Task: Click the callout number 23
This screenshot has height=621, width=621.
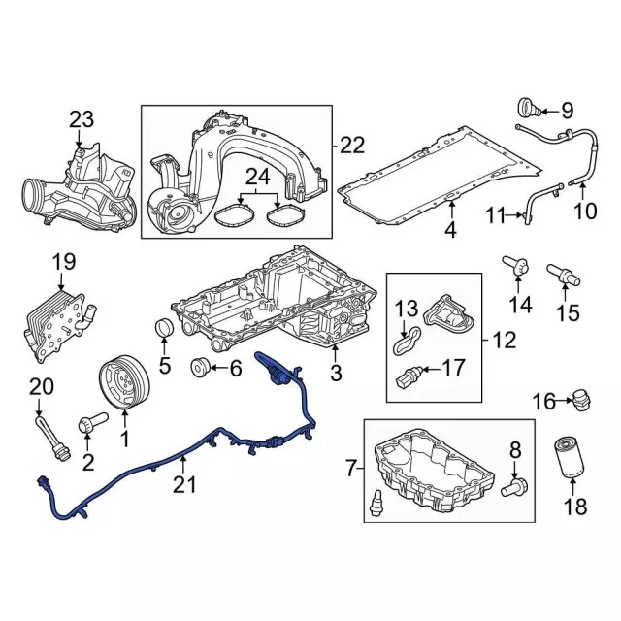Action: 82,120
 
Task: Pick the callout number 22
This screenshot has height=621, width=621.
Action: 352,145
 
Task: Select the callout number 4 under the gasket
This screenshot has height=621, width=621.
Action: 450,230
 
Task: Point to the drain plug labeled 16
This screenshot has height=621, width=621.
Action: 580,399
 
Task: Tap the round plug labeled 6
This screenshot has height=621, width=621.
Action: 202,367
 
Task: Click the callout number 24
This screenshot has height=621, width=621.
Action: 257,177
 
